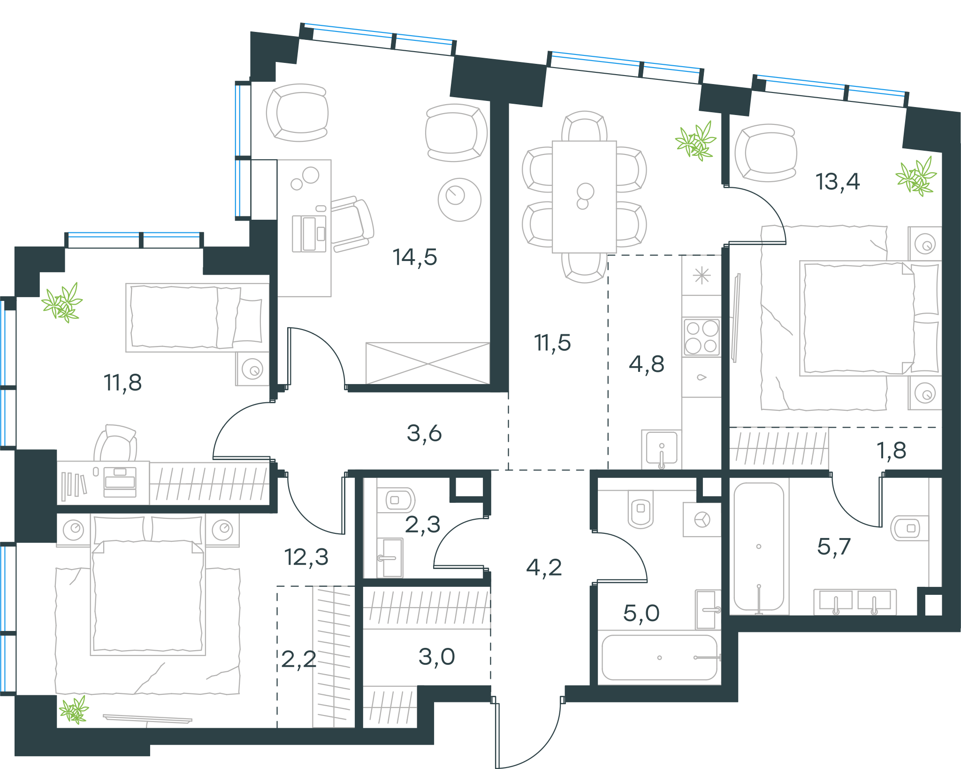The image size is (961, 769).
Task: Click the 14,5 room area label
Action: point(415,257)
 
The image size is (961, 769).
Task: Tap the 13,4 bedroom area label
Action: point(838,182)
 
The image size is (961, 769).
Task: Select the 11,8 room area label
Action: point(122,383)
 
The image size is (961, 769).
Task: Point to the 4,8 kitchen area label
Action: point(647,364)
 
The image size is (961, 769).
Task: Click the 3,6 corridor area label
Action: point(424,433)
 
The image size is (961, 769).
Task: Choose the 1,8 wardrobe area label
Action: point(892,451)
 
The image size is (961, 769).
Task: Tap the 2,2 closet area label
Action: point(299,660)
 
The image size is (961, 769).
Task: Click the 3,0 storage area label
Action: point(437,657)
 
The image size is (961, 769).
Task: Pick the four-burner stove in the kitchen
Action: point(702,337)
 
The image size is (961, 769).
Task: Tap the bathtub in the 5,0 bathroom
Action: point(659,657)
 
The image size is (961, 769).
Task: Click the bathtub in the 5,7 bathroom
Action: point(759,547)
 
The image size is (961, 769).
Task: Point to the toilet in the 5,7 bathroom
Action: point(909,528)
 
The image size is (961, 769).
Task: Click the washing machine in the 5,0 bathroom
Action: point(702,520)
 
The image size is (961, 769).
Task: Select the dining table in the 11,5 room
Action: point(584,197)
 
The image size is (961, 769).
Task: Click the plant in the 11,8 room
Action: point(62,303)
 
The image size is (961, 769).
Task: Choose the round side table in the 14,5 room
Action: point(459,200)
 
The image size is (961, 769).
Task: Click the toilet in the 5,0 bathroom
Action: point(641,509)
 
